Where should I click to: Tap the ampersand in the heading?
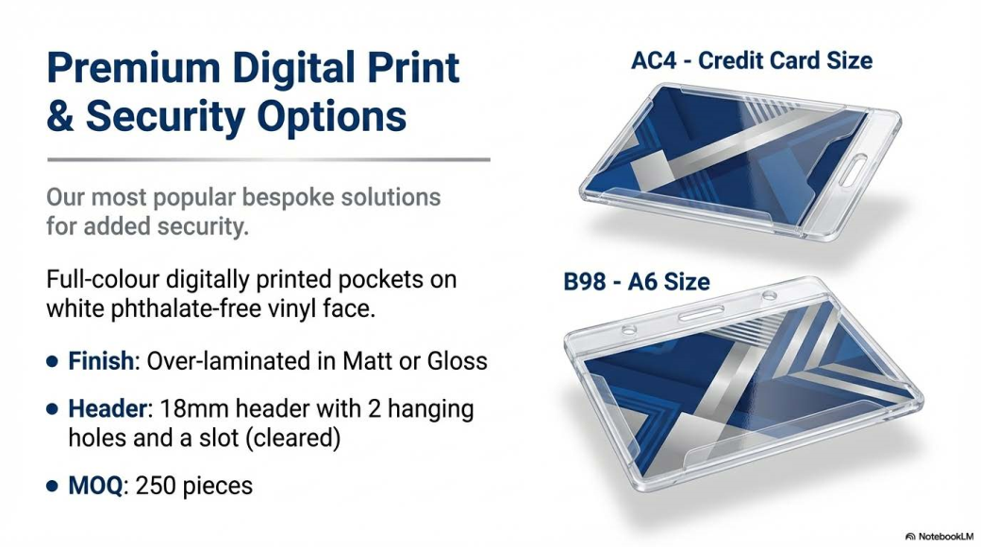click(x=60, y=116)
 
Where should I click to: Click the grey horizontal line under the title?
click(x=269, y=159)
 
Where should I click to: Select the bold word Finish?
click(x=101, y=361)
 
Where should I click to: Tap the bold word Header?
click(x=107, y=408)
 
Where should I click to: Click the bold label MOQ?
click(x=95, y=486)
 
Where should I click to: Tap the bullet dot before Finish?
click(x=53, y=362)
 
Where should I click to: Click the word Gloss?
click(x=457, y=361)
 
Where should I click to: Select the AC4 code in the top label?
click(x=654, y=60)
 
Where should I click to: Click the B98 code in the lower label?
click(x=584, y=282)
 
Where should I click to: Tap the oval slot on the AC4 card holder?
click(x=853, y=170)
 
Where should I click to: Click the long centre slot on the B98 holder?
click(x=701, y=312)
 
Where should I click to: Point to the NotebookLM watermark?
click(x=939, y=537)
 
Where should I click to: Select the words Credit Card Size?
click(x=785, y=60)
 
